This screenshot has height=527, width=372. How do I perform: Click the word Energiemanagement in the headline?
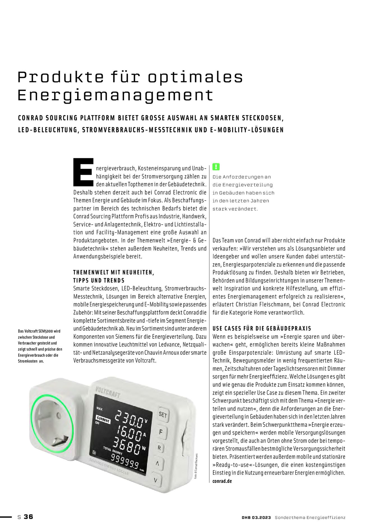(x=115, y=96)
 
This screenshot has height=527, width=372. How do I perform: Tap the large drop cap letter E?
(x=83, y=172)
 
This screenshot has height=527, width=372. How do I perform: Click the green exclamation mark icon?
(x=216, y=167)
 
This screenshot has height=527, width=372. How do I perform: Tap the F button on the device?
(x=161, y=432)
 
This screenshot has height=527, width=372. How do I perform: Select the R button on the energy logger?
(x=159, y=448)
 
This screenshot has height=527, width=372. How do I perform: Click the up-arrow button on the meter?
(x=158, y=464)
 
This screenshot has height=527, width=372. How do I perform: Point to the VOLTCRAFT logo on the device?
(x=108, y=392)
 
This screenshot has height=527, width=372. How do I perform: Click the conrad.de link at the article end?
(x=222, y=481)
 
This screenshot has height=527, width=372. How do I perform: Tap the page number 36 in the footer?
(x=28, y=517)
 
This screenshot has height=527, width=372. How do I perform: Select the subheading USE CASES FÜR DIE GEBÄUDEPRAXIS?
(x=262, y=328)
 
